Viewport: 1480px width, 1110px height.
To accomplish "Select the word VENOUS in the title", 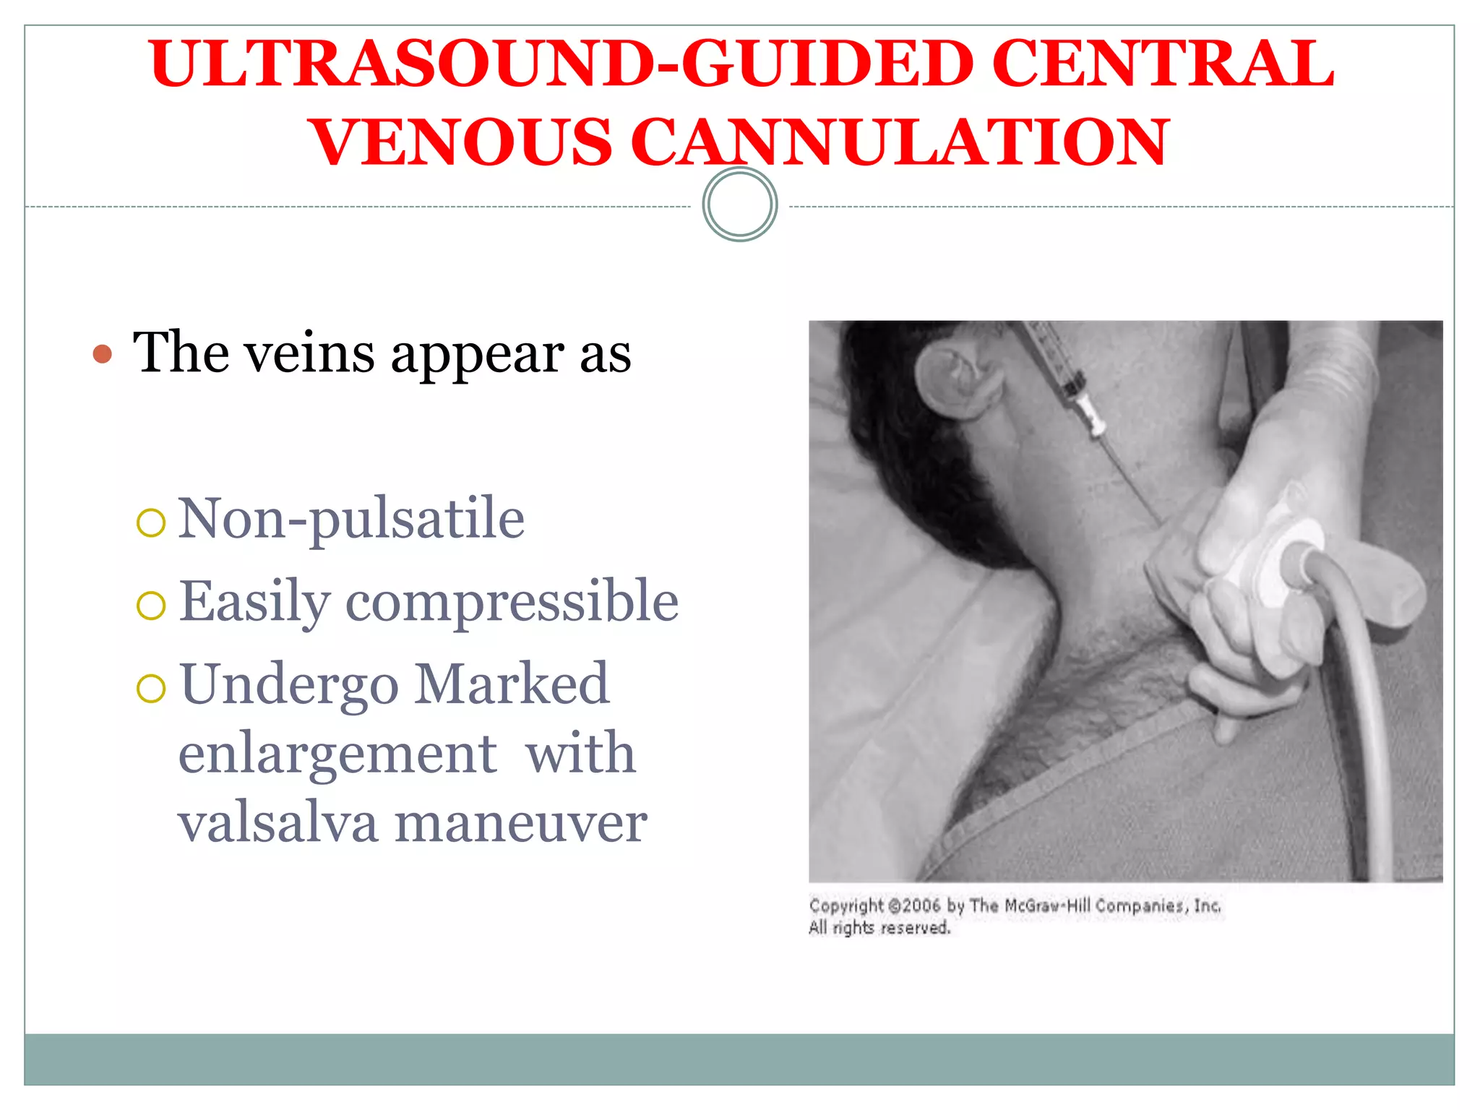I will tap(462, 142).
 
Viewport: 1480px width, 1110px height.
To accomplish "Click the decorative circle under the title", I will tap(739, 205).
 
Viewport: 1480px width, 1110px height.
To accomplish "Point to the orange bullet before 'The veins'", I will tap(103, 354).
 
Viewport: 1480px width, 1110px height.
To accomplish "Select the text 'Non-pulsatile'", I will tap(351, 518).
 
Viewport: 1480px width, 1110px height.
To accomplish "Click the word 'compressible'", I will tap(512, 601).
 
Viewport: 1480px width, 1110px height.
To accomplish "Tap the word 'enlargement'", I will tap(337, 753).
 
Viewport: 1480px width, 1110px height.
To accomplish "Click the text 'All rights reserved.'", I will tap(879, 928).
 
